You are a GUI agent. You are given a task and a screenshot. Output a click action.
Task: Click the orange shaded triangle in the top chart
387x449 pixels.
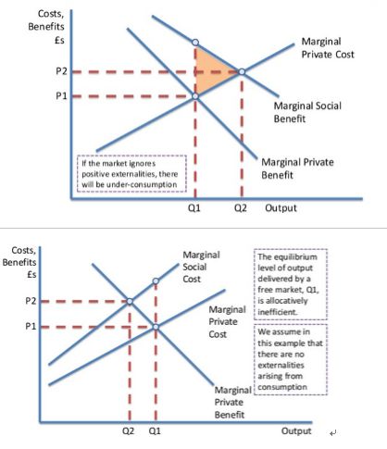click(210, 71)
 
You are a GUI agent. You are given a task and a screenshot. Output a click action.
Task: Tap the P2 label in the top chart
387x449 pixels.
click(61, 71)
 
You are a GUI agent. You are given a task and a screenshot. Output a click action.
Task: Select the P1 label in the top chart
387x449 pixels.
click(61, 96)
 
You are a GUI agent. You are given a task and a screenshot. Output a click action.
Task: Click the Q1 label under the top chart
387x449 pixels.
click(194, 208)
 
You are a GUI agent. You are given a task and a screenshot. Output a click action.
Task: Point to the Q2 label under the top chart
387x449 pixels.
click(241, 208)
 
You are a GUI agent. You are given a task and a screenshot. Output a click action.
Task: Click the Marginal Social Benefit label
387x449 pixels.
click(307, 112)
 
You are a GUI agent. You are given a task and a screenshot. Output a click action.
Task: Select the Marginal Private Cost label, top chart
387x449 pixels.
click(328, 48)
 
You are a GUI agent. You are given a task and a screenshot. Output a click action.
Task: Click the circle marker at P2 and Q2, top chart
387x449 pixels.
click(242, 72)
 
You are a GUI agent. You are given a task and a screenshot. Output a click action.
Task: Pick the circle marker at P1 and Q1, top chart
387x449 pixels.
click(195, 96)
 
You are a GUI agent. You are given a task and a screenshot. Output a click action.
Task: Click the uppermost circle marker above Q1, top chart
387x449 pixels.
click(195, 43)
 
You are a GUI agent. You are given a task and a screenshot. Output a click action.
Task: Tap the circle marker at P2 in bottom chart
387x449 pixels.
click(130, 301)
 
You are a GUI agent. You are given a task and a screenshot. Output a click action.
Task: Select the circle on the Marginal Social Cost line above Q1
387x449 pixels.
click(156, 281)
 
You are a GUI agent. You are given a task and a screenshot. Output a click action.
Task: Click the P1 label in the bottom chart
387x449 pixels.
click(31, 326)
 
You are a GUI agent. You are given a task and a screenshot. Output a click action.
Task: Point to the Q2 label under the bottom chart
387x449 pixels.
click(129, 430)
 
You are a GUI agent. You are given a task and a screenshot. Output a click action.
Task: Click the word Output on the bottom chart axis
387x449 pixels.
click(296, 431)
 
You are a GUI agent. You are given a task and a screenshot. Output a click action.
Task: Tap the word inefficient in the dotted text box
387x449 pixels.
click(278, 312)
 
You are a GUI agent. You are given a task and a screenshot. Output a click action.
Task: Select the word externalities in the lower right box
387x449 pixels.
click(281, 365)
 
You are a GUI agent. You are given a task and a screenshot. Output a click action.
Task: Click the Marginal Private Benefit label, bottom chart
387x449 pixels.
click(233, 402)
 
